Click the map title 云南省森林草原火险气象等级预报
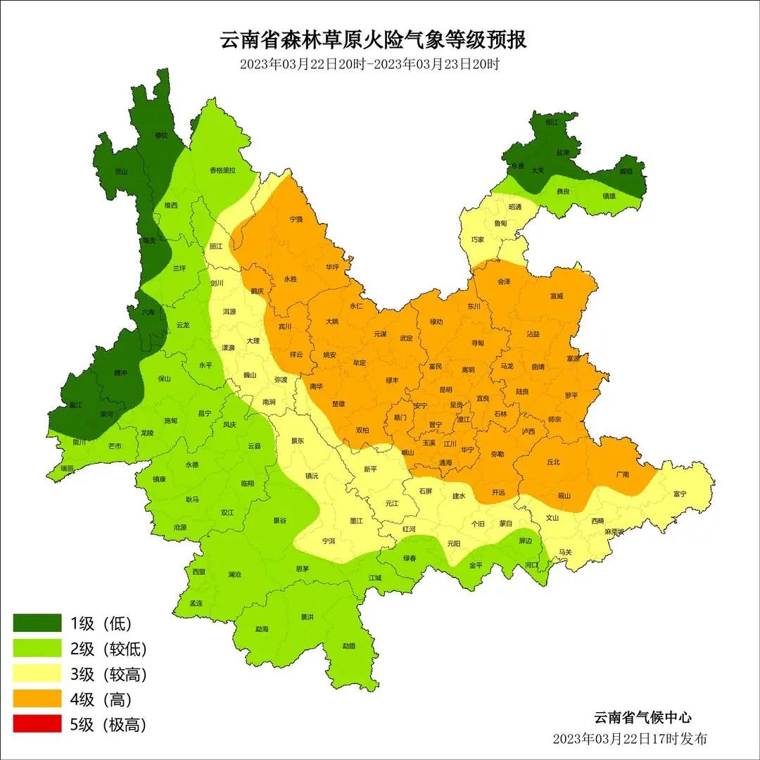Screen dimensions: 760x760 point(374,39)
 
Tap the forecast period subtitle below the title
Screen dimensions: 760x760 point(369,64)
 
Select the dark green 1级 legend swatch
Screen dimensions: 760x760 point(37,623)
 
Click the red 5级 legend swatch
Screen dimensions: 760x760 point(37,724)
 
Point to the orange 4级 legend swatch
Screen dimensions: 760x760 point(37,699)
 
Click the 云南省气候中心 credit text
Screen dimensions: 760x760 point(642,717)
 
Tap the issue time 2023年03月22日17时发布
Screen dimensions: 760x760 point(630,738)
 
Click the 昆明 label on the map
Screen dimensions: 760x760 point(445,389)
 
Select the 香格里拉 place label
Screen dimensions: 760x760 point(222,170)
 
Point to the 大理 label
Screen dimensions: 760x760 point(253,341)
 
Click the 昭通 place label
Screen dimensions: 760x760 point(515,207)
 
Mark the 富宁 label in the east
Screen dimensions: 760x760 point(679,494)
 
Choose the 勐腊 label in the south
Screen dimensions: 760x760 point(349,645)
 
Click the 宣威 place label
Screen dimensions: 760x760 point(557,296)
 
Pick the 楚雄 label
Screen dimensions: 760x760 point(338,405)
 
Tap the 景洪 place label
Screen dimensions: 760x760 point(308,617)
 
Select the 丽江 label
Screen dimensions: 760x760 point(216,246)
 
